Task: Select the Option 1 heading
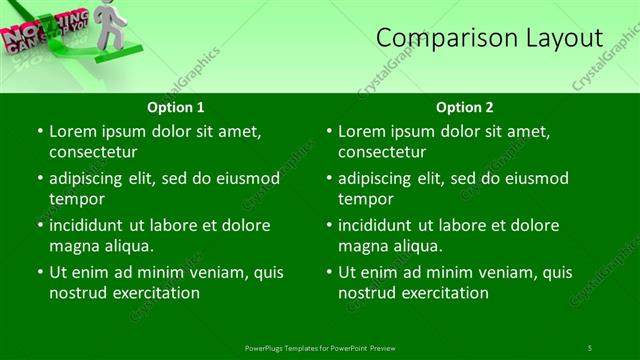[x=176, y=107]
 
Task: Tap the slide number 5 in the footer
[x=589, y=347]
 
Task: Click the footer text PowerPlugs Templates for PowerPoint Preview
[x=320, y=347]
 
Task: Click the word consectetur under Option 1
[x=92, y=152]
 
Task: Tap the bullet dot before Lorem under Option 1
[x=38, y=131]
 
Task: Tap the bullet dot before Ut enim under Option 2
[x=328, y=271]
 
